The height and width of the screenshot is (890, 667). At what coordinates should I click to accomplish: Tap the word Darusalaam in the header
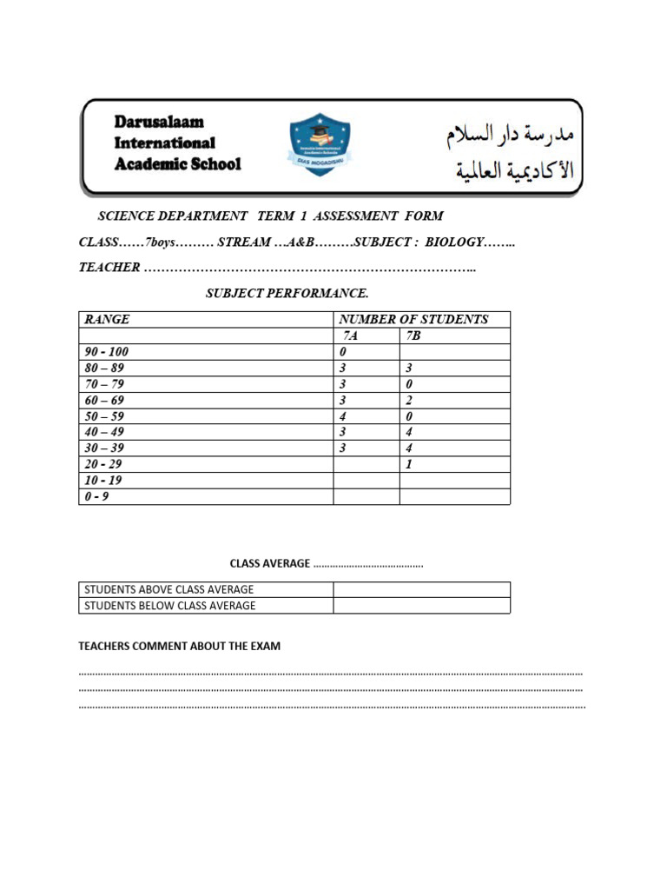159,123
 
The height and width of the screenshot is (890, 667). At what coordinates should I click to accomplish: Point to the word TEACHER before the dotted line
109,268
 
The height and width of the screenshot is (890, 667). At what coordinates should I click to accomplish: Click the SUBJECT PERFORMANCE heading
281,294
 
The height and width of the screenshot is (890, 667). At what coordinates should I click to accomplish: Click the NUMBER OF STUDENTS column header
413,319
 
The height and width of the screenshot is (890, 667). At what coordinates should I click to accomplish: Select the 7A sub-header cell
349,335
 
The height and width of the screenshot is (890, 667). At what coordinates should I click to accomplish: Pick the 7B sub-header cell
413,335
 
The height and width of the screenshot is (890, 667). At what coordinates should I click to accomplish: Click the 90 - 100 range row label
106,352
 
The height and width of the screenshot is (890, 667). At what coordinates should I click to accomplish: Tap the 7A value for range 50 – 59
343,416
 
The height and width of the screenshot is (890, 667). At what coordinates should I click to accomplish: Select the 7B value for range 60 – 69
409,400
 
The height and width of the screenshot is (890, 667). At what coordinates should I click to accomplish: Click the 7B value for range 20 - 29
409,464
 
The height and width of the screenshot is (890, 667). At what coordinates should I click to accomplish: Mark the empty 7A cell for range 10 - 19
366,481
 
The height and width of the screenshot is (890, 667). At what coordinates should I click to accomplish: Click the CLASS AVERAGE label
269,563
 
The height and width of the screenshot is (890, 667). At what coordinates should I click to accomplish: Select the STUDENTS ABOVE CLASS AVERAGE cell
168,589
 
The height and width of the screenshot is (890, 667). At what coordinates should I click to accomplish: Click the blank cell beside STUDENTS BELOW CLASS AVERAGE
421,606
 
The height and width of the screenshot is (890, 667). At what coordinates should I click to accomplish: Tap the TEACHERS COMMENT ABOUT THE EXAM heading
179,646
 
